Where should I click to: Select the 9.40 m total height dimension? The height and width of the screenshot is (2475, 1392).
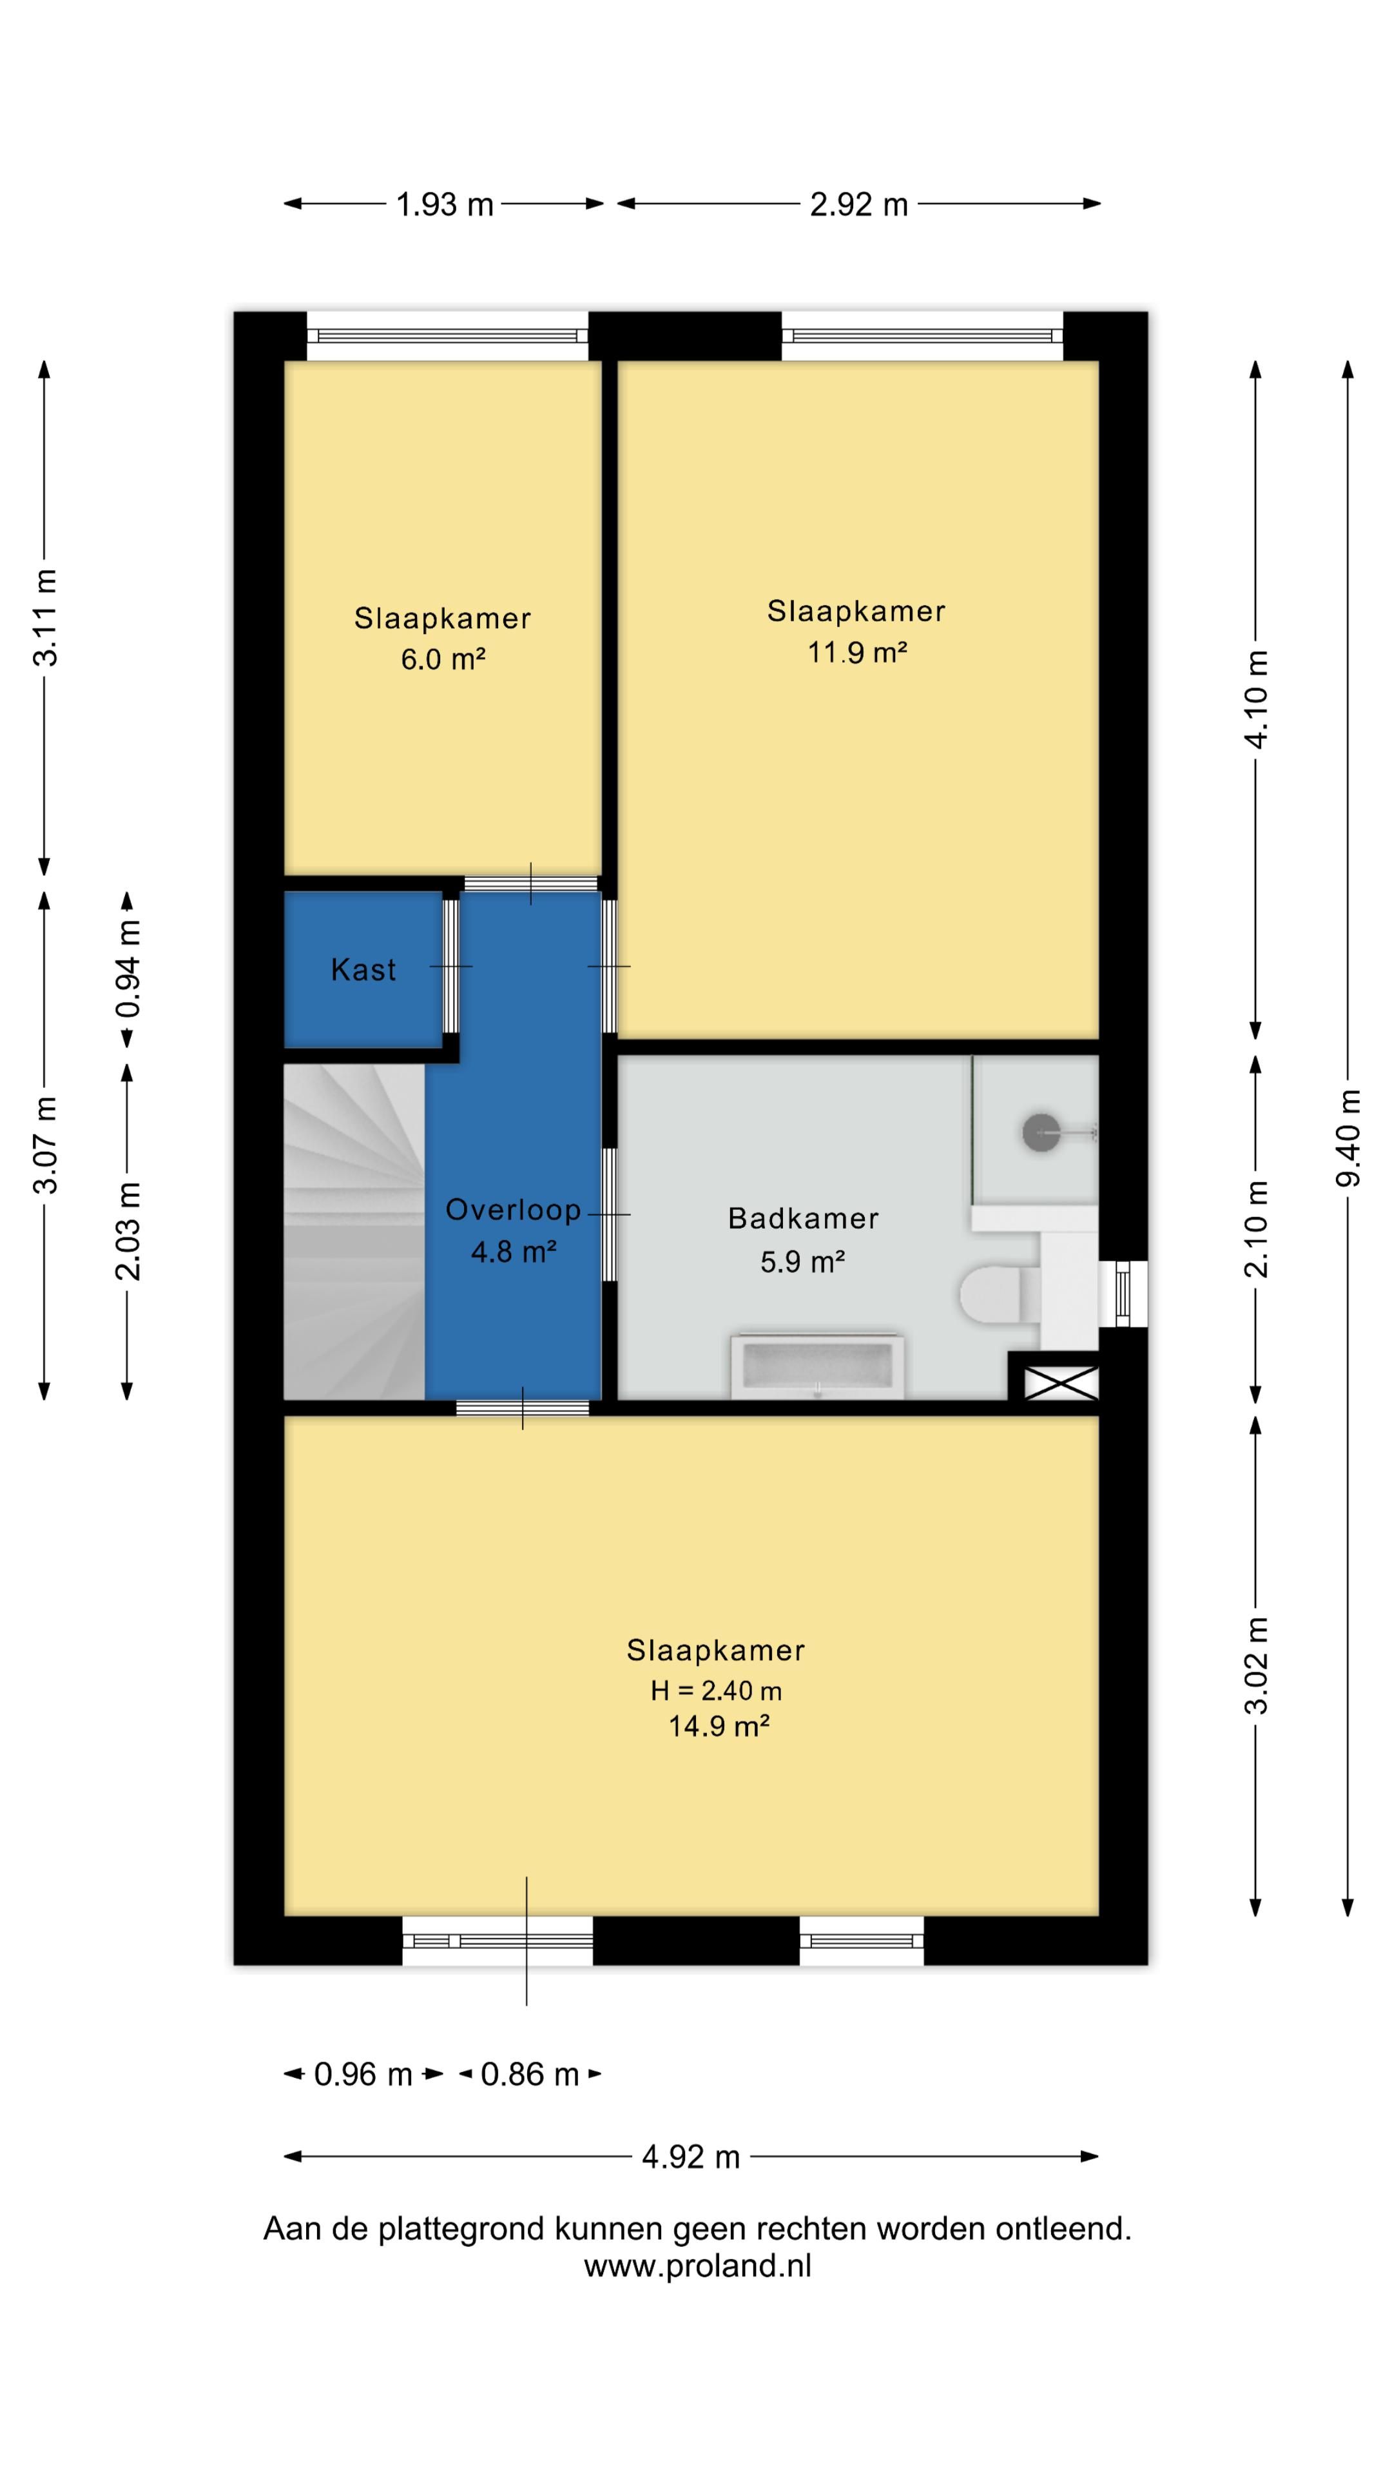click(1348, 1138)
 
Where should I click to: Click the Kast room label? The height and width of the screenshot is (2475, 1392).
click(363, 969)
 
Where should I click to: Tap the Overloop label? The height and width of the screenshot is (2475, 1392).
click(513, 1210)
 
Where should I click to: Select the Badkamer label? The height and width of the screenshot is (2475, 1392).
click(803, 1218)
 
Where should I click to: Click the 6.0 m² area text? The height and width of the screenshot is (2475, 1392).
click(443, 659)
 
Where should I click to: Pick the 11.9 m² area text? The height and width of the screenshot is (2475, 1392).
click(857, 652)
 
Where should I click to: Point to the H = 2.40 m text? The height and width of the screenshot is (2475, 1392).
click(716, 1690)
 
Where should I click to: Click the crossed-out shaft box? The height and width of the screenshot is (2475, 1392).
click(1061, 1383)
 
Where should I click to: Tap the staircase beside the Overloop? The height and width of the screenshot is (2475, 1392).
click(354, 1231)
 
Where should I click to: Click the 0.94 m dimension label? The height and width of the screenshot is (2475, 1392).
click(128, 969)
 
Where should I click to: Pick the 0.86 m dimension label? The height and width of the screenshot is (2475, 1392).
click(529, 2074)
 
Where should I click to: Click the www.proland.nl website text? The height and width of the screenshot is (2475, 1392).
click(697, 2266)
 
